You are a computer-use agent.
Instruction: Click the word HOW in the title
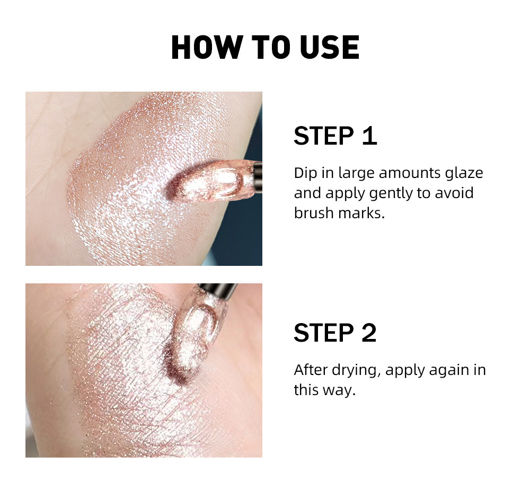[x=204, y=48]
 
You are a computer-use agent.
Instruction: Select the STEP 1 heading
[x=335, y=136]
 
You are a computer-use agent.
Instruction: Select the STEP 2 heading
[x=335, y=333]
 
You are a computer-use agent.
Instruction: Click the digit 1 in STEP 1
[x=368, y=136]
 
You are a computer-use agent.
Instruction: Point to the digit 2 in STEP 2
[x=367, y=333]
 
